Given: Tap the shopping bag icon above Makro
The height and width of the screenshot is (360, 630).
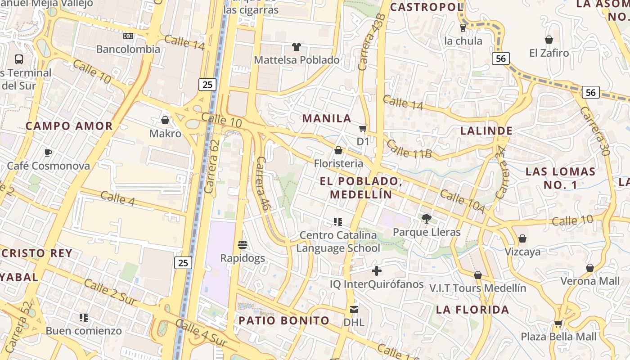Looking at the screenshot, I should (x=165, y=120).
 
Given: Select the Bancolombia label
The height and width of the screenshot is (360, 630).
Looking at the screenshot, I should (x=128, y=49).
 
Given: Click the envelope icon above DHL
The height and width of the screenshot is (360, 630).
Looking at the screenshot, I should (x=354, y=309).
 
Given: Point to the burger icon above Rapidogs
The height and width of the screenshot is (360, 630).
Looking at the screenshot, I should (x=243, y=245).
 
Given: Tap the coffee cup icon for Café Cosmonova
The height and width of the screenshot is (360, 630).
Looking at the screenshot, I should (x=48, y=153).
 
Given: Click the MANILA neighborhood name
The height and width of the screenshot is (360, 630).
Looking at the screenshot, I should (x=327, y=118).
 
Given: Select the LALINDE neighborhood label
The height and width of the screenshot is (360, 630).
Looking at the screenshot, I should (x=486, y=131).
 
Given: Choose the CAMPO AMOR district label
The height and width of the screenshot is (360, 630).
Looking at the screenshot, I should (x=69, y=126).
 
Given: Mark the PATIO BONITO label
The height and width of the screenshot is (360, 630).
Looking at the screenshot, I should (x=284, y=320).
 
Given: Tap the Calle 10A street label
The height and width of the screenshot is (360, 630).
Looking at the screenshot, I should (x=462, y=202).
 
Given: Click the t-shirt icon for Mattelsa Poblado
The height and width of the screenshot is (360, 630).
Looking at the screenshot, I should (x=297, y=46).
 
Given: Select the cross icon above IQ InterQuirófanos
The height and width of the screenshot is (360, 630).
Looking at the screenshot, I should (x=377, y=270).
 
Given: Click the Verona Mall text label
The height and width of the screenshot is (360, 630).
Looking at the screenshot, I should (x=590, y=281).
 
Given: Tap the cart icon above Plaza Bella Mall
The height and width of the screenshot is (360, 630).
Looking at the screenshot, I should (x=558, y=323).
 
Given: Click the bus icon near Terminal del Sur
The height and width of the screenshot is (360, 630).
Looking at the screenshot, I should (x=19, y=59).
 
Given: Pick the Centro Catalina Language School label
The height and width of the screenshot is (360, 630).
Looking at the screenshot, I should (x=338, y=242).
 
